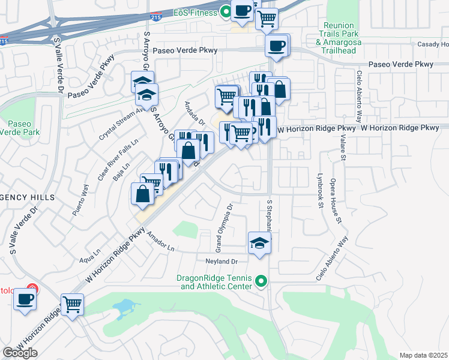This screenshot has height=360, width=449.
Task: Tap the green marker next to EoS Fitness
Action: pyautogui.click(x=226, y=10)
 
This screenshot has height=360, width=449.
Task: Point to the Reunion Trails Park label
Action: pyautogui.click(x=347, y=34)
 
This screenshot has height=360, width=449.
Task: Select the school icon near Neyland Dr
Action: pyautogui.click(x=259, y=244)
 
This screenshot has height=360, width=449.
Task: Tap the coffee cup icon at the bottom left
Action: pyautogui.click(x=25, y=299)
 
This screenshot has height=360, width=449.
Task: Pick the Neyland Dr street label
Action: pyautogui.click(x=223, y=262)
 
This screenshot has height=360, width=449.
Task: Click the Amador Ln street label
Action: pyautogui.click(x=158, y=244)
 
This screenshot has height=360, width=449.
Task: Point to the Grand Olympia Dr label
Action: pyautogui.click(x=224, y=227)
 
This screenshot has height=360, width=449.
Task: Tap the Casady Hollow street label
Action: pyautogui.click(x=433, y=44)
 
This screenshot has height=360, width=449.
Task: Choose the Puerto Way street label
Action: pyautogui.click(x=80, y=201)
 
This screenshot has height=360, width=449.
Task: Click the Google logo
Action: pyautogui.click(x=20, y=352)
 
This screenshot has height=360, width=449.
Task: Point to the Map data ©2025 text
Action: pyautogui.click(x=423, y=355)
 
